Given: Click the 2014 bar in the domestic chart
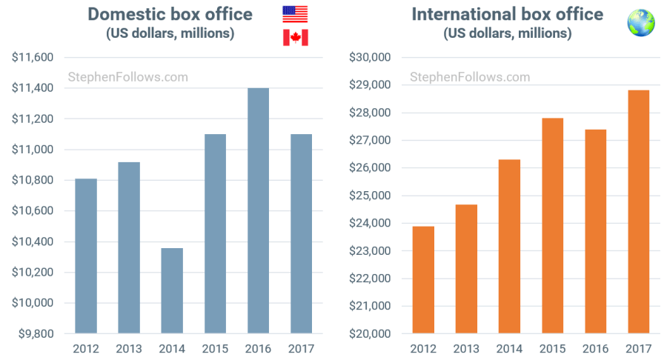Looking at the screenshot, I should (x=172, y=290).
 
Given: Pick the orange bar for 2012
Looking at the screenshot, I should (x=423, y=280).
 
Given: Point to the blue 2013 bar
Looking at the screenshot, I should (x=129, y=247).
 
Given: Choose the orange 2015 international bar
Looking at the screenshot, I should (x=552, y=226).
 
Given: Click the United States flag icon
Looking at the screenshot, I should (x=295, y=14).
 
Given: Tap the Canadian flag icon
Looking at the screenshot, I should (x=295, y=38).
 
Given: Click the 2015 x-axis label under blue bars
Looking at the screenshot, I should (x=215, y=347).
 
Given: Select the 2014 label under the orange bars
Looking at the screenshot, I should (x=509, y=347).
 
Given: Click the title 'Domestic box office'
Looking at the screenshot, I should (x=170, y=14).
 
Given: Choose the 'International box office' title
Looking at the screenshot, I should (x=507, y=14).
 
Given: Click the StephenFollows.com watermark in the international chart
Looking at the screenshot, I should (x=470, y=76).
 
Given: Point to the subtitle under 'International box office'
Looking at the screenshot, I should (x=507, y=33).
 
